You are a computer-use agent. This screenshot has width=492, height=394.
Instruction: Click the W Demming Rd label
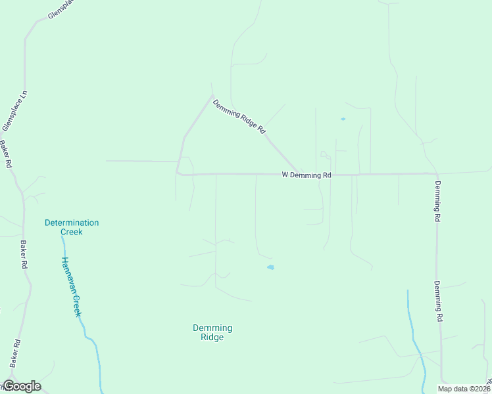pos(306,175)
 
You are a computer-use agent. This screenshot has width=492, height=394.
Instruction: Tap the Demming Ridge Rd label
pos(239,117)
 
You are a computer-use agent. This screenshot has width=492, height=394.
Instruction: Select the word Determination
pos(72,223)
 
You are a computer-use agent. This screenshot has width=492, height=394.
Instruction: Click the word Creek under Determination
pos(72,232)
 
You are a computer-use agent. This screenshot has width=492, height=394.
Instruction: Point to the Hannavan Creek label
pos(70,286)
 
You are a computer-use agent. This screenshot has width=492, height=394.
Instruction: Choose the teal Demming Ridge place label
pos(212,332)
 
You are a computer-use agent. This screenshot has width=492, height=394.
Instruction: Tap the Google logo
pos(21,386)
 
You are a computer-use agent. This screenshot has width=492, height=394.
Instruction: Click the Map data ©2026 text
pos(464,389)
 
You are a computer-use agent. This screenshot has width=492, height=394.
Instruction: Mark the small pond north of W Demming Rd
pos(343,119)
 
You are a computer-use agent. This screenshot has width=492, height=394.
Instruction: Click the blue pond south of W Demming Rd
pos(270,267)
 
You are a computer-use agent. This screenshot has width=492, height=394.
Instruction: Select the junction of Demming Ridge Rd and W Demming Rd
pos(300,174)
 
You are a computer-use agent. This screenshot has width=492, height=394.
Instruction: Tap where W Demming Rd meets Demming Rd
pos(436,173)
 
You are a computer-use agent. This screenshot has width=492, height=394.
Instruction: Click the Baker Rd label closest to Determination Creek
pos(24,254)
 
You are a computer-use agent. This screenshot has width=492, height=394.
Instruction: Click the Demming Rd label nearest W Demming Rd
pos(437,200)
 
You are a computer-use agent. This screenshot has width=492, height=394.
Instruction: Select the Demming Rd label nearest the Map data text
pos(437,301)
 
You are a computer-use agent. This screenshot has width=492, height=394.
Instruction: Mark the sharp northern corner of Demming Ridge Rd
pos(212,97)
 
